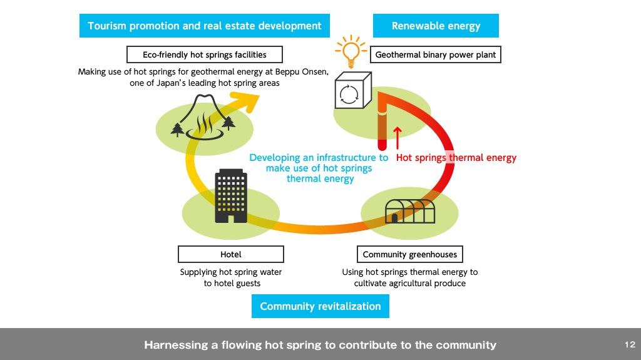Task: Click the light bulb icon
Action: pos(350,51)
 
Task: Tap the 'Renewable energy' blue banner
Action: pos(436,26)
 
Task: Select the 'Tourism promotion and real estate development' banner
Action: pos(205,26)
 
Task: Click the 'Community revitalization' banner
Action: pos(320,306)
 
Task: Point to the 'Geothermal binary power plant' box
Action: pos(436,55)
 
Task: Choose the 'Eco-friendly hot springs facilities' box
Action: pos(205,55)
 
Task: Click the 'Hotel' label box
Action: pos(231,254)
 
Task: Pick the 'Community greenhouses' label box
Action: pos(410,254)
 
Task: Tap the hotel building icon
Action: pos(231,196)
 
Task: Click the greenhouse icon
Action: pos(411,211)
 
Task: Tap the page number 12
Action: pos(629,345)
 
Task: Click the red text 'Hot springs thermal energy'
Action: pos(456,158)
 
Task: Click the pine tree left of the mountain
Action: pos(178,129)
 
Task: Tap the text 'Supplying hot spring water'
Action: pos(231,272)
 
